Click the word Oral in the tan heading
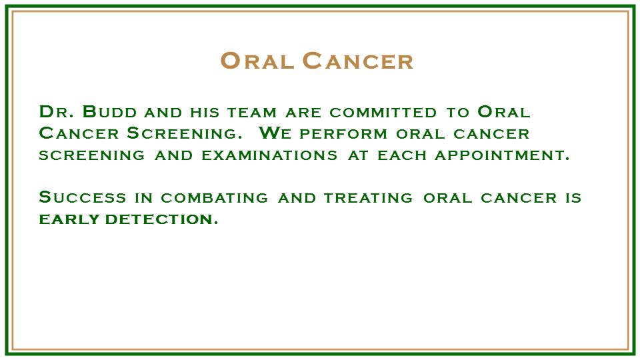(x=257, y=61)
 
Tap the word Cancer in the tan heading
(x=358, y=61)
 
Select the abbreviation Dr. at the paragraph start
(x=56, y=112)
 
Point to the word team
(x=252, y=113)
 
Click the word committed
(x=383, y=113)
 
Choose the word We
(x=275, y=133)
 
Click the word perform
(x=343, y=134)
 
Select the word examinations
(x=269, y=155)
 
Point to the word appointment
(x=501, y=155)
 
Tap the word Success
(x=83, y=197)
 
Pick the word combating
(x=214, y=198)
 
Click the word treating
(x=368, y=198)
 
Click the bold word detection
(x=161, y=219)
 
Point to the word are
(x=303, y=113)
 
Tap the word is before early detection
(x=573, y=198)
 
